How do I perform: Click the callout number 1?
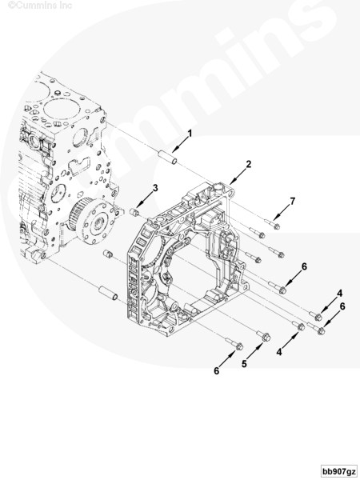(x=190, y=134)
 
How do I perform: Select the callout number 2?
(x=249, y=164)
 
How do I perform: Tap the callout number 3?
(x=155, y=188)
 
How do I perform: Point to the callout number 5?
(x=244, y=364)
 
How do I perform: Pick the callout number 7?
(x=293, y=202)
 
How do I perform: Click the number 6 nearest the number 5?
(x=217, y=371)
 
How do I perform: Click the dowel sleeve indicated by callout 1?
(x=168, y=158)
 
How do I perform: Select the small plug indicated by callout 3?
(x=134, y=212)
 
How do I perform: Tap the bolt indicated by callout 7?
(x=272, y=224)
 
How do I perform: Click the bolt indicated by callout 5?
(x=263, y=335)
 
